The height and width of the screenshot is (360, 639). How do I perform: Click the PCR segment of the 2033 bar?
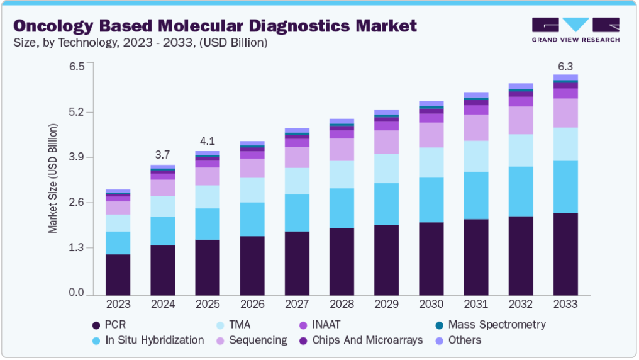565,254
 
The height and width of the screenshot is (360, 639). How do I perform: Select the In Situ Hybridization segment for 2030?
431,200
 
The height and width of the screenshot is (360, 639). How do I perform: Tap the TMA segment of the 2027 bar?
297,181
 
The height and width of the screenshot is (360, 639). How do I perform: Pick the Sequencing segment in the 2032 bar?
521,120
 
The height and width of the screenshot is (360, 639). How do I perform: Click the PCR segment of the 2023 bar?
118,274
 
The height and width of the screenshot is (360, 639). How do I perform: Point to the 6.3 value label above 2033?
565,67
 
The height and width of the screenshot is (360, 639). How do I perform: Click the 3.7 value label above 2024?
162,155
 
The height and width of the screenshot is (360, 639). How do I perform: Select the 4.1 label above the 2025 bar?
207,141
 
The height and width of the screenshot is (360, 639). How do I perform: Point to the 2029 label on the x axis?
386,305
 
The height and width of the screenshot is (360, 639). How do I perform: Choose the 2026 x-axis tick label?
252,305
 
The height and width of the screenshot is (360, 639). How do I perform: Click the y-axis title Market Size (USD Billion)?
53,179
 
